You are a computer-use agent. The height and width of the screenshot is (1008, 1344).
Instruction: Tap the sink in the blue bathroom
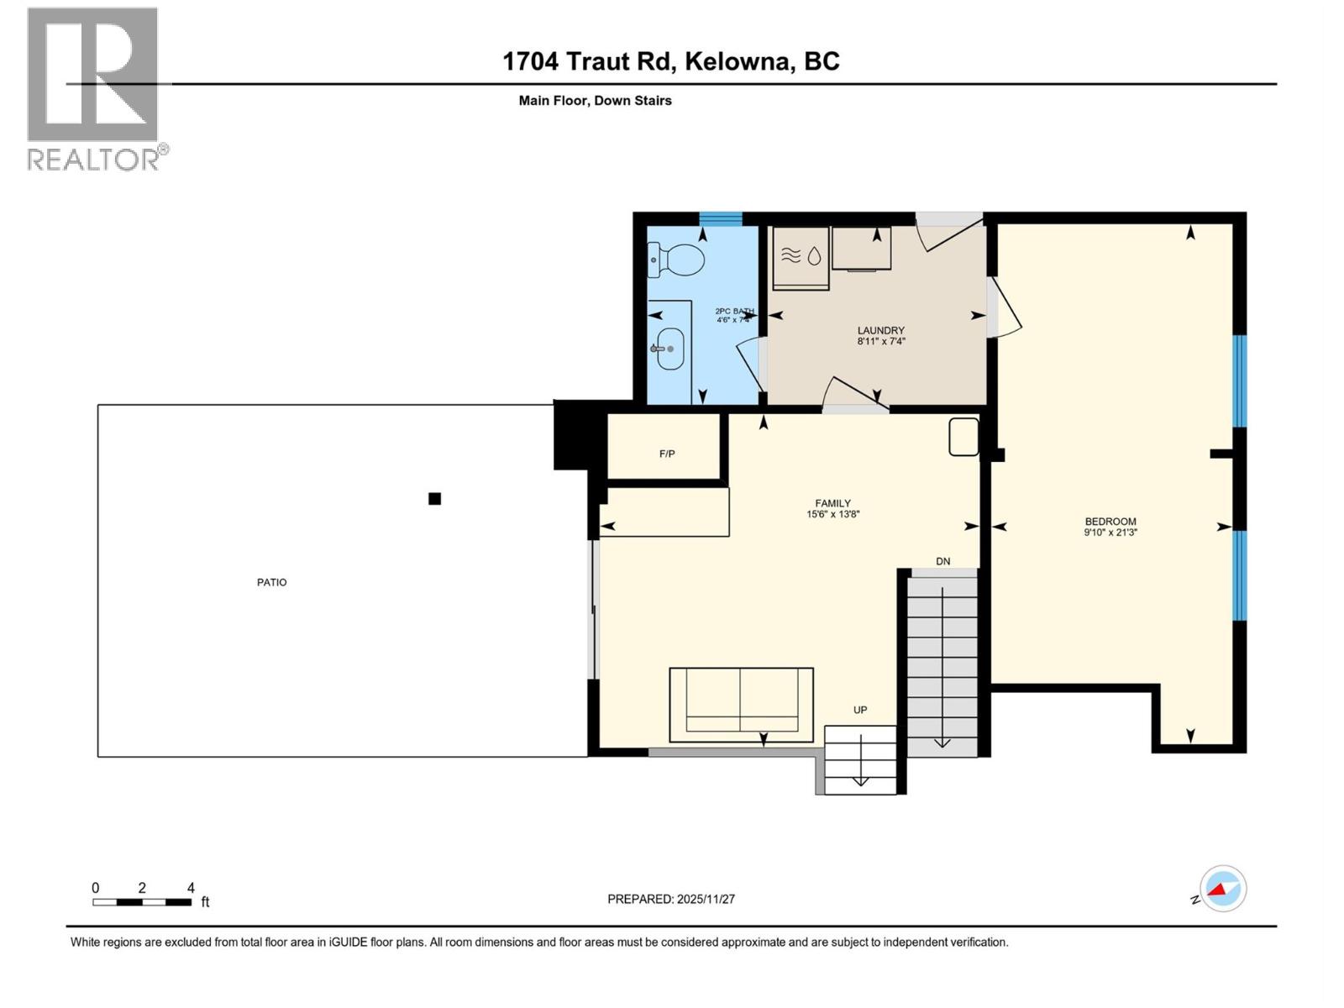pos(669,349)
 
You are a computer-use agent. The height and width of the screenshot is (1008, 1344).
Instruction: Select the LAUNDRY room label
pos(880,330)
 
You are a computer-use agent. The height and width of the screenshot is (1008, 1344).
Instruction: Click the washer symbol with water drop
pos(801,256)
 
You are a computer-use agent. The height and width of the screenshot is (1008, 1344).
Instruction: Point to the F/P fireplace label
pos(667,454)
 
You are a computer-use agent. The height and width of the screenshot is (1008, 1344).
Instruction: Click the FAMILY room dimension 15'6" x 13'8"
pos(832,515)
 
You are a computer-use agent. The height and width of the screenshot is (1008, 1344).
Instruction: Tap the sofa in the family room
pos(741,704)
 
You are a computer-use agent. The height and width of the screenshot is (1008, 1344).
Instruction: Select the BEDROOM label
pos(1110,521)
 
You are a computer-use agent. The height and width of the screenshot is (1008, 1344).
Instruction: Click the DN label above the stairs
pos(943,561)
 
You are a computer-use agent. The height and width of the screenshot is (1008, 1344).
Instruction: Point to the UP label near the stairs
pos(860,710)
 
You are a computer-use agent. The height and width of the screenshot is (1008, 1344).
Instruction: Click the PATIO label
pos(271,582)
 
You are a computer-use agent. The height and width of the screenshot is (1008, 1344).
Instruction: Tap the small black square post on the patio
pos(434,499)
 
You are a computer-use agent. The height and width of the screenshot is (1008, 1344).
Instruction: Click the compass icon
pos(1222,889)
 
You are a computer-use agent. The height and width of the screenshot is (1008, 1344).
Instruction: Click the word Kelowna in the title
pos(738,61)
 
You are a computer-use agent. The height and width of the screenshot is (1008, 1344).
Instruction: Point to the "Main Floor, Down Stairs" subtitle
pos(595,101)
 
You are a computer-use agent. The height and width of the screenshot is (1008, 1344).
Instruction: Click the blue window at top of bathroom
pos(721,218)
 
